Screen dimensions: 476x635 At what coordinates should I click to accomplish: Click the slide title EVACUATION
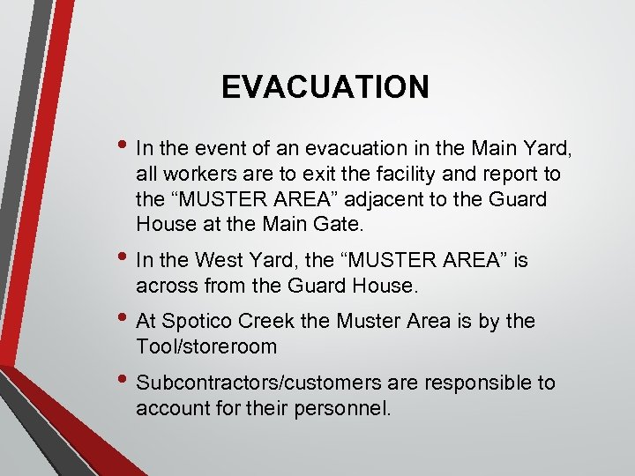pyautogui.click(x=325, y=87)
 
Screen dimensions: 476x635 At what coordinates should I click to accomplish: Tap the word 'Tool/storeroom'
pyautogui.click(x=206, y=347)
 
